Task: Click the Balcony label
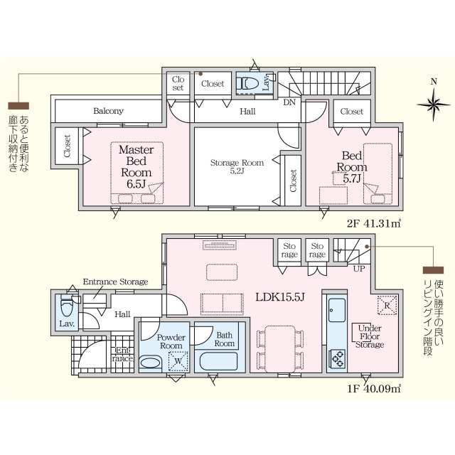coord(108,111)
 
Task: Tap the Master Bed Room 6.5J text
coord(136,166)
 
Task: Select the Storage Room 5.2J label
coord(237,166)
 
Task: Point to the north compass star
coord(434,104)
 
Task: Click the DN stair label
coord(289,102)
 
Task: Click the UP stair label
coord(359,269)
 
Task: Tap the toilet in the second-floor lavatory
coord(247,84)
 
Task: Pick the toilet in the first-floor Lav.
coord(67,307)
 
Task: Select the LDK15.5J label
coord(280,297)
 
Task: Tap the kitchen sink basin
coord(337,310)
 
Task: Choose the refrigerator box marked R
coord(387,305)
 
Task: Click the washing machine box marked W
coord(178,361)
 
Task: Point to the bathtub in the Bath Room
coord(220,361)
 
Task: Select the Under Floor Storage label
coord(370,336)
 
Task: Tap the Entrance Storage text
coord(115,282)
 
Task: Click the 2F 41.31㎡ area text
coord(375,224)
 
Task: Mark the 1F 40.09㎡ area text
coord(375,389)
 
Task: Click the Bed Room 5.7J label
coord(352,167)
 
